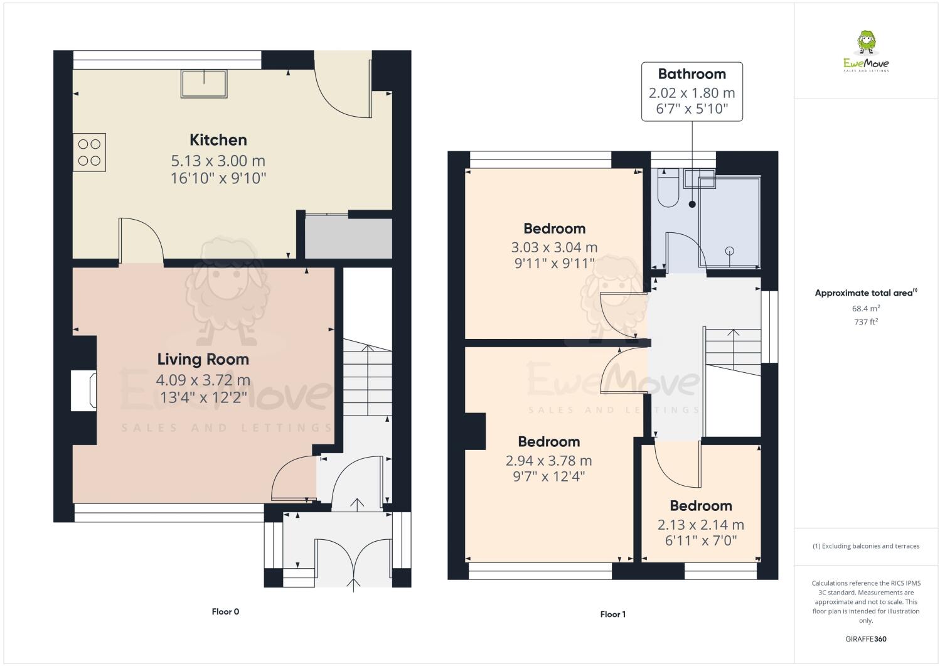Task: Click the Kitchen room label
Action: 218,140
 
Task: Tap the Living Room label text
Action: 203,360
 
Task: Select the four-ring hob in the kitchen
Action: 89,152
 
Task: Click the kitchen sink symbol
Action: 204,83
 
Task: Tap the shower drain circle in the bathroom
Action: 729,251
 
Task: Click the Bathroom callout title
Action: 692,74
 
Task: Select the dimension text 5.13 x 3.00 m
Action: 218,161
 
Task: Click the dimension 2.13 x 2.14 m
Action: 700,525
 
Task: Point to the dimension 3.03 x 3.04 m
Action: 554,247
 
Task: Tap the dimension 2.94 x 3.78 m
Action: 548,461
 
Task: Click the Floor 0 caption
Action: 225,611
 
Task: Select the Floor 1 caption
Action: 612,615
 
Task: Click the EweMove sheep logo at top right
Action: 866,44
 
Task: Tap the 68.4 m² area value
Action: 865,308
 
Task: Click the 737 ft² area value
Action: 865,322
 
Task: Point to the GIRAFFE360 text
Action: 865,639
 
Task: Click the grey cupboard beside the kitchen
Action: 348,238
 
